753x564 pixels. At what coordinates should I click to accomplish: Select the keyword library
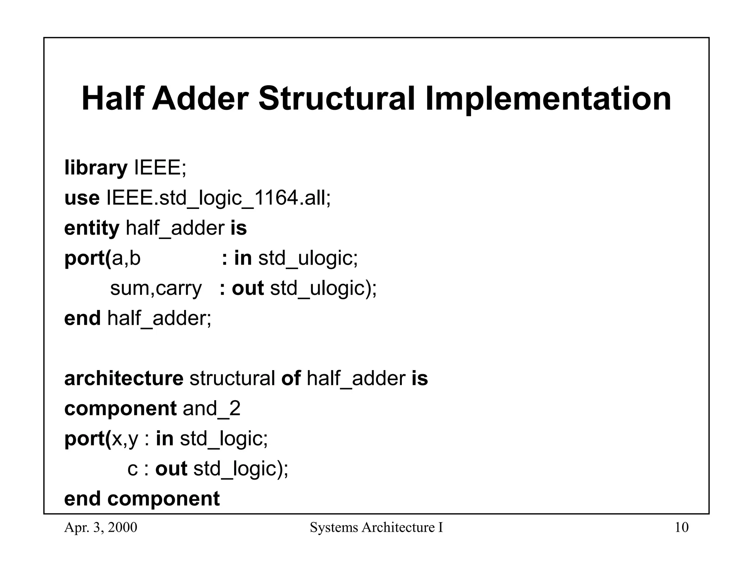[96, 168]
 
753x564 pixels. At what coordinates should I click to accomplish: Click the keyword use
[82, 198]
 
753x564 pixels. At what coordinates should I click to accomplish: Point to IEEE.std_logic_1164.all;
[219, 198]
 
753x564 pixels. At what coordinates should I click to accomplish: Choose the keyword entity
[92, 228]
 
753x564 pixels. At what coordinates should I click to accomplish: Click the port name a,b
[126, 258]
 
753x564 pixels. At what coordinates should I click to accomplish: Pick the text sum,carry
[156, 288]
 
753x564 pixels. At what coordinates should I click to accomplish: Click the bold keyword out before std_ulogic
[247, 288]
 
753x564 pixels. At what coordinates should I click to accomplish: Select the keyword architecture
[124, 379]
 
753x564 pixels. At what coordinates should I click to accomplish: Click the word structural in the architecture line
[232, 379]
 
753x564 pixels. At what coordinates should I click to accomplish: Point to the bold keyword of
[291, 379]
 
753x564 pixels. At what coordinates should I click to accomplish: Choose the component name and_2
[211, 409]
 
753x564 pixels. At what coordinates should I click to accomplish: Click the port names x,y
[125, 439]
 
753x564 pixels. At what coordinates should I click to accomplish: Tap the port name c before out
[132, 469]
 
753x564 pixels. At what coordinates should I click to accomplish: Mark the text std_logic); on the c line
[241, 469]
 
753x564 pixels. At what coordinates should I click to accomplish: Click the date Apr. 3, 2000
[100, 528]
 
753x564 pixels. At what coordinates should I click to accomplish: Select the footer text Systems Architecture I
[376, 528]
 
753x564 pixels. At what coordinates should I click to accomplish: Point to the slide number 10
[682, 528]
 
